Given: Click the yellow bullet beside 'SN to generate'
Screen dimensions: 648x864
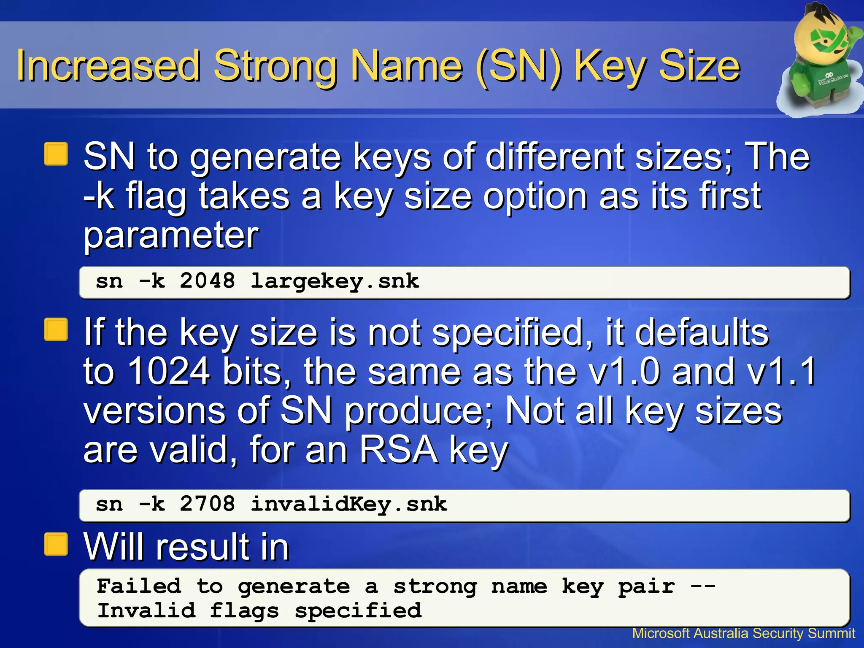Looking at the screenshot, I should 56,154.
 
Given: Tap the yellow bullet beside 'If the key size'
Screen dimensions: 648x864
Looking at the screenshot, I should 56,329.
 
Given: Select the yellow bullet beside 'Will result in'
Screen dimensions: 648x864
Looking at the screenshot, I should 56,544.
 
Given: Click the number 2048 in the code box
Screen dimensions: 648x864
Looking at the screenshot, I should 207,281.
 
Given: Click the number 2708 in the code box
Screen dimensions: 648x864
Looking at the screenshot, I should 207,504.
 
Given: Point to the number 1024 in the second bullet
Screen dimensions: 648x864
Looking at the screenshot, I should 169,371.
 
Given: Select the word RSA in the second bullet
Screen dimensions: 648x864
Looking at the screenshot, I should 399,450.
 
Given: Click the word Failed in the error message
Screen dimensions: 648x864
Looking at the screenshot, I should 139,586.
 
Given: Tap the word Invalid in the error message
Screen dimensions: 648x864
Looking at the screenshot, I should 146,610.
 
